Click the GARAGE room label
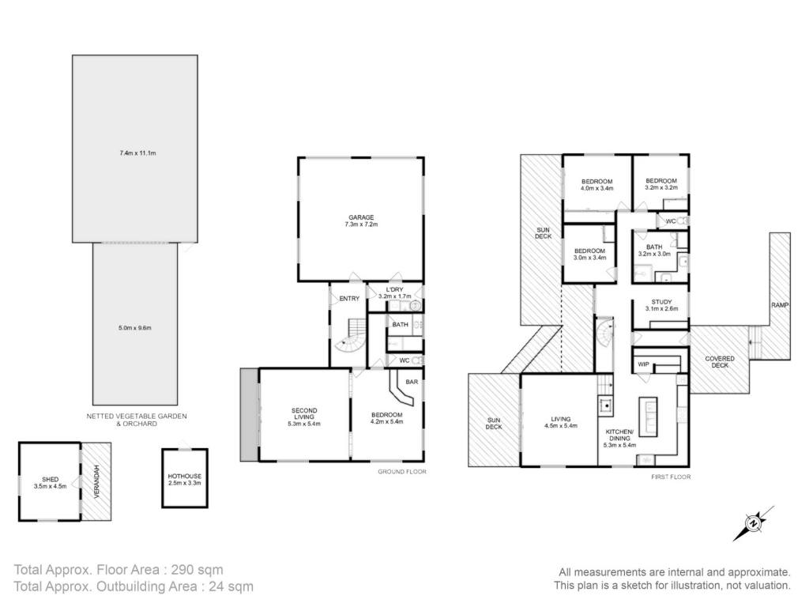coord(360,217)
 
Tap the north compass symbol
coord(754,523)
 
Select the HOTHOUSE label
coord(185,476)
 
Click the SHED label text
coord(50,479)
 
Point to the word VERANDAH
coord(96,481)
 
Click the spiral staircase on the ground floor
coord(350,335)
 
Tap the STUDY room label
coord(661,302)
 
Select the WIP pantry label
coord(643,364)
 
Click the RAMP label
coord(780,305)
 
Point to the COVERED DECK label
coord(720,362)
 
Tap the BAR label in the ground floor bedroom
coord(412,382)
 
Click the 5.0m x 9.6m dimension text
coord(134,328)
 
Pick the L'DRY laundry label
coord(395,289)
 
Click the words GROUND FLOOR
coord(402,472)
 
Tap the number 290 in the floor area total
coord(185,570)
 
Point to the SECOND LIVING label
coord(304,414)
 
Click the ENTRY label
coord(349,298)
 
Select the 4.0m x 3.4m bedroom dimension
coord(597,188)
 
